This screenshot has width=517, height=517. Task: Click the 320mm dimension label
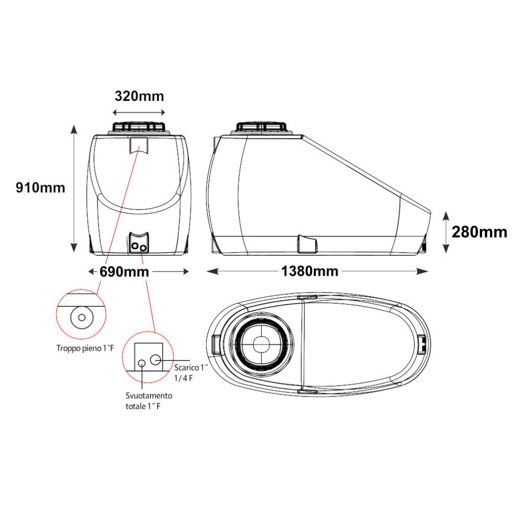139,96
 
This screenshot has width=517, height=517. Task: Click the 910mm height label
40,188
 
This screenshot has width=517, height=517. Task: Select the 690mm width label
124,272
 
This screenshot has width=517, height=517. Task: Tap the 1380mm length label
310,271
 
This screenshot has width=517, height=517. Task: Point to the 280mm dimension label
479,232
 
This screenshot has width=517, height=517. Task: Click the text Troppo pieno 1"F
85,348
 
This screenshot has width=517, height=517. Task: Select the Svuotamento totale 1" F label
149,401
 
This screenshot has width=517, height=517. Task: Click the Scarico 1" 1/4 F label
191,373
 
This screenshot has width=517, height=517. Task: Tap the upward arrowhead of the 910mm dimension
74,129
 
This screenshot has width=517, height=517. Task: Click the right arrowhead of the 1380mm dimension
422,271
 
